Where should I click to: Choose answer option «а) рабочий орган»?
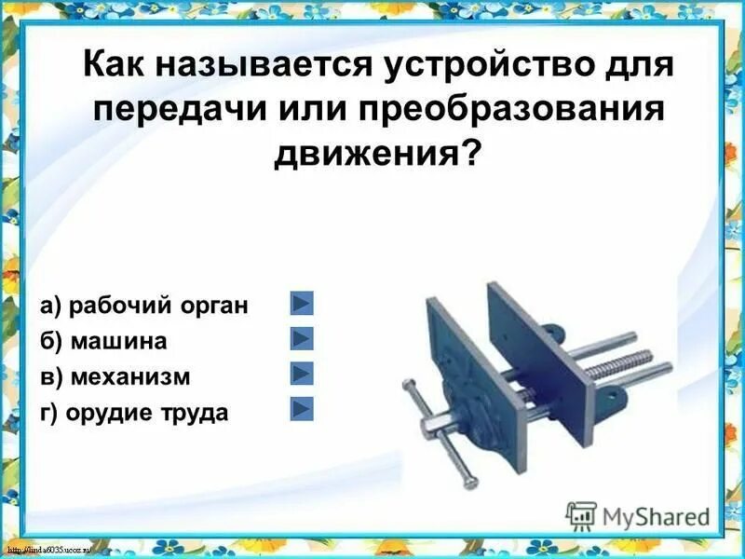tap(143, 306)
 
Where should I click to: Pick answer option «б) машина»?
tap(103, 341)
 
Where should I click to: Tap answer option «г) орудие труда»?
tap(134, 412)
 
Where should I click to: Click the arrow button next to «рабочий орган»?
tap(302, 304)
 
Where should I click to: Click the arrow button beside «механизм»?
tap(302, 374)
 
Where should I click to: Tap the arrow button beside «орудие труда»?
tap(302, 409)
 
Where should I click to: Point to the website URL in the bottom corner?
tap(56, 551)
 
